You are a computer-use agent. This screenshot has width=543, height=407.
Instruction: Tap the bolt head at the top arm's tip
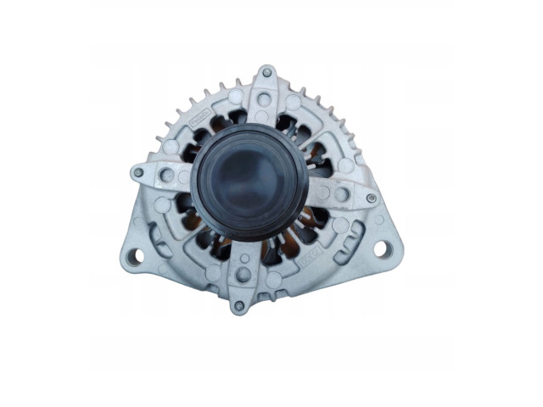[x=266, y=73]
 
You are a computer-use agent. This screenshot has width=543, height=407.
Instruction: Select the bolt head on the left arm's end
[x=138, y=172]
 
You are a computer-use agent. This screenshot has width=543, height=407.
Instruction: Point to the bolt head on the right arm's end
[x=371, y=198]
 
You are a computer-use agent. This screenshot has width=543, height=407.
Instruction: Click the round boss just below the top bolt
[x=263, y=99]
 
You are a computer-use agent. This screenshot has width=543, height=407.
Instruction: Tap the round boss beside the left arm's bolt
[x=166, y=176]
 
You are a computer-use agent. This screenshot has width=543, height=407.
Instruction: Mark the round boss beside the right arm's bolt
[x=342, y=194]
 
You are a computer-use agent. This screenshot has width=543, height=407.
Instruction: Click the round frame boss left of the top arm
[x=236, y=98]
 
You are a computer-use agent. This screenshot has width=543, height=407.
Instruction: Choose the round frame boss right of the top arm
[x=293, y=103]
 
